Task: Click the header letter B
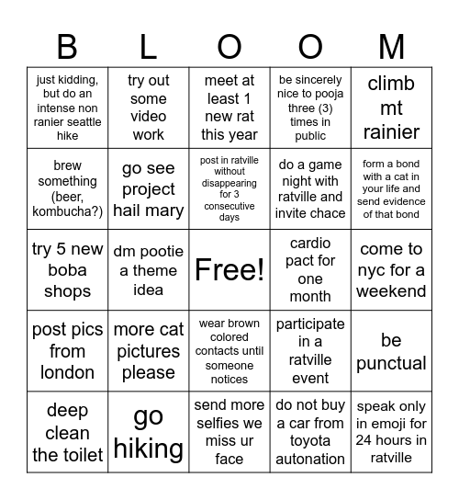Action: [68, 45]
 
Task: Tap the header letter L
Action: [149, 45]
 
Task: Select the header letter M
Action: [391, 45]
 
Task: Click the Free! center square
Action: [229, 269]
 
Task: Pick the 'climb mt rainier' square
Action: [391, 108]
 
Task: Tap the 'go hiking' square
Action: [149, 432]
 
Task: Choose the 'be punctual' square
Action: [391, 351]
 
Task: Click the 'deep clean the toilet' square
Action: [68, 432]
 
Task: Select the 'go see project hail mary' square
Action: [149, 188]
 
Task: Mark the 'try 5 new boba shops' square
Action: [68, 269]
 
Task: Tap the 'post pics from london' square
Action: [68, 351]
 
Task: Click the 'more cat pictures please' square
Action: [149, 351]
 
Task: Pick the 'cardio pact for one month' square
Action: [310, 269]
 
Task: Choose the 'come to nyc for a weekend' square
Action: [391, 269]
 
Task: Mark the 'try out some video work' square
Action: [149, 108]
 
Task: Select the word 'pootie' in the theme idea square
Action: [162, 251]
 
